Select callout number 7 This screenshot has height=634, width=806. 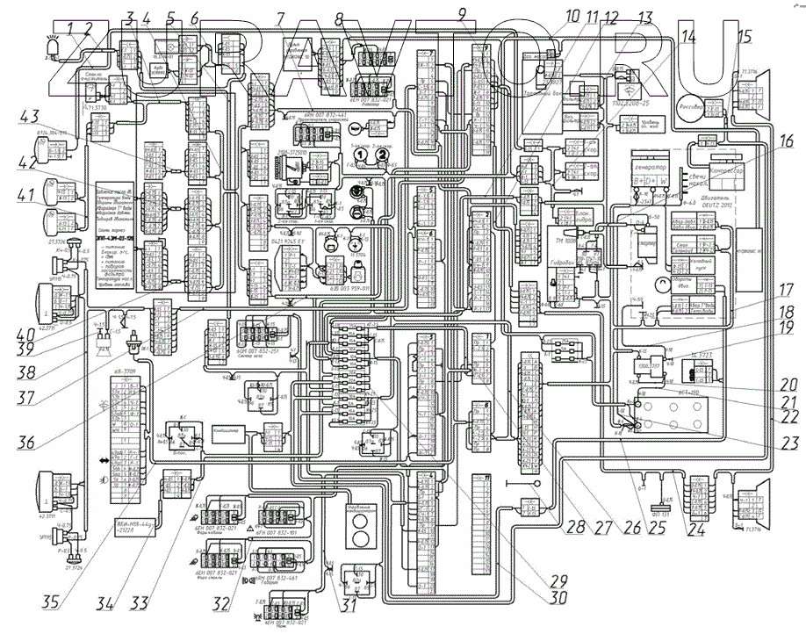(x=279, y=17)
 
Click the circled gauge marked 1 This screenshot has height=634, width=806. (x=359, y=155)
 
